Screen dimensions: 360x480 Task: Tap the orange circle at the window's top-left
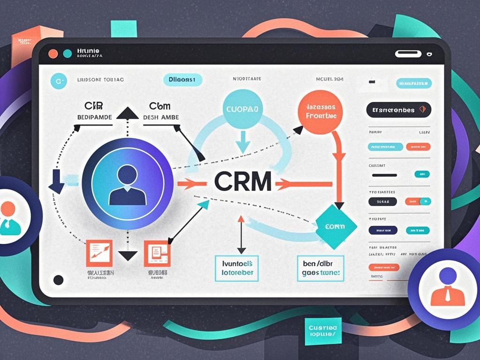[53, 53]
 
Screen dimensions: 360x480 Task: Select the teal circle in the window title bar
[67, 53]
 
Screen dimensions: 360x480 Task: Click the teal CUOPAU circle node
[242, 109]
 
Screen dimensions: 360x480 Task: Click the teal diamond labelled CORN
[336, 226]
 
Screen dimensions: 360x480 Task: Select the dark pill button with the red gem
[398, 110]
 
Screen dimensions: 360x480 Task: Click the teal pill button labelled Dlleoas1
[182, 80]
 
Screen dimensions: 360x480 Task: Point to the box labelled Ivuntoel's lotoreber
[237, 268]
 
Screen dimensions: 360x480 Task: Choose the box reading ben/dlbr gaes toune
[320, 268]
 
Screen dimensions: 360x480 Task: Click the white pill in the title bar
[408, 54]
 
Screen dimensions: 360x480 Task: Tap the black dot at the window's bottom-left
[58, 280]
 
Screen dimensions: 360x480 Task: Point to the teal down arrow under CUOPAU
[243, 141]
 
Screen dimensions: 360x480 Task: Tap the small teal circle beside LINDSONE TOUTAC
[58, 81]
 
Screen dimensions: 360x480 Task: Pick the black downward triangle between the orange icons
[127, 255]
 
